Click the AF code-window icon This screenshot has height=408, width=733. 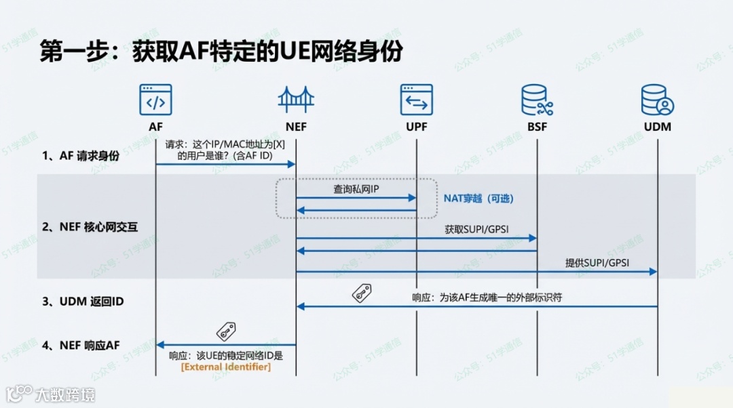(x=155, y=100)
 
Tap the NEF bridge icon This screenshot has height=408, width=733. (x=296, y=100)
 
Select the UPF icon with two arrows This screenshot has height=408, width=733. (x=416, y=100)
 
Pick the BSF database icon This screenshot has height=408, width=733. (x=536, y=100)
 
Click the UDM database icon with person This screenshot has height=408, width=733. (x=656, y=100)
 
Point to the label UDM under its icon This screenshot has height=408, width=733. (x=656, y=126)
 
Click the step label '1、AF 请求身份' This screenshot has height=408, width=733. (x=80, y=156)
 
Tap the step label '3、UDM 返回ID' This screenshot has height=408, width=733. (x=83, y=301)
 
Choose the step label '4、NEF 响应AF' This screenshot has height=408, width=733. (x=81, y=345)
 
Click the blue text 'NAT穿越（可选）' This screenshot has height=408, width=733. (x=479, y=199)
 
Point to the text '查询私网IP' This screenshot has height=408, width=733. (x=356, y=190)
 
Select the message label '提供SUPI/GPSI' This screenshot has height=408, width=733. (x=597, y=263)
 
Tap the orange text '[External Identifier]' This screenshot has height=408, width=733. (x=225, y=367)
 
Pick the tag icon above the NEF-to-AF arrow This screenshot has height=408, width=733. (x=225, y=331)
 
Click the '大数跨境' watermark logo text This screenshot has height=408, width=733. (x=65, y=394)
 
